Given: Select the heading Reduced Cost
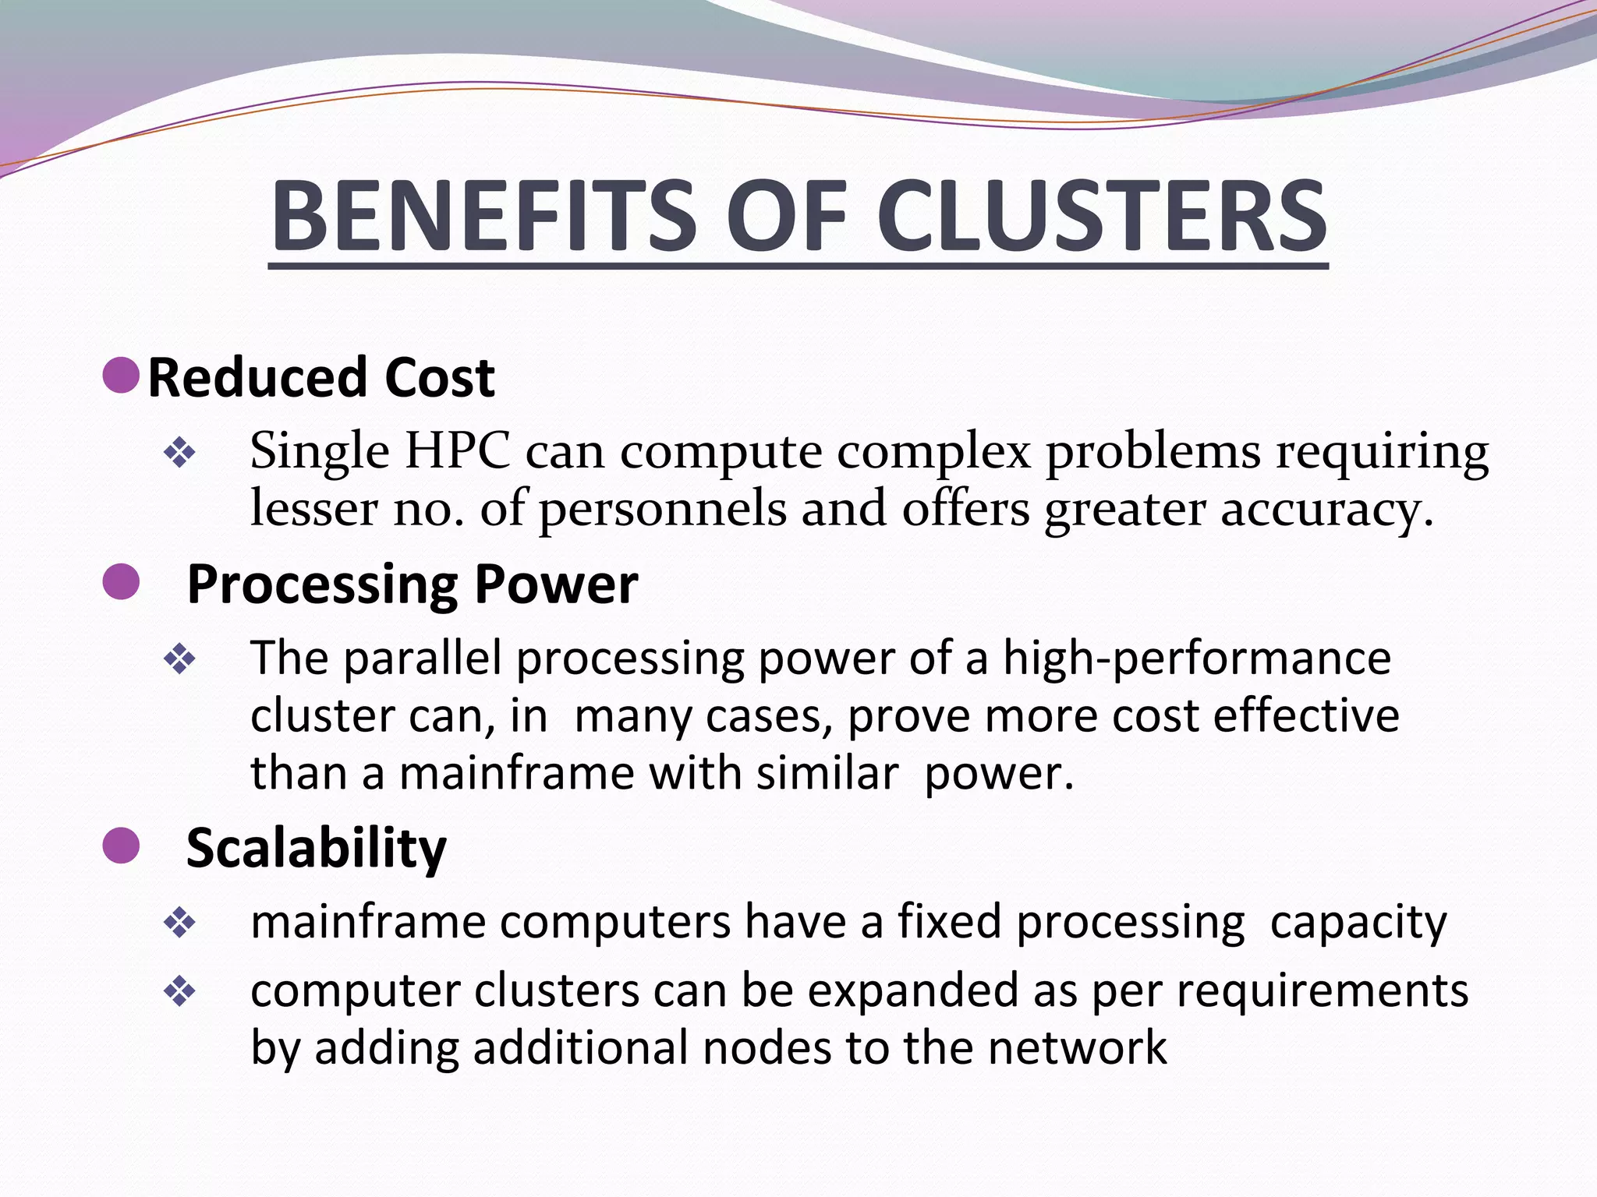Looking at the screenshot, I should [x=320, y=378].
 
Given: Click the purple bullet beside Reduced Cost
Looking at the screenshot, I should [x=121, y=375].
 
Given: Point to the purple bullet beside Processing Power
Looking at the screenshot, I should [x=121, y=582].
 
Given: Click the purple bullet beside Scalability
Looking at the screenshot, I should [x=121, y=846].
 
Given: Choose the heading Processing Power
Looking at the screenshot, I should [x=413, y=584].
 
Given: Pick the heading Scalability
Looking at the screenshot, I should [x=317, y=848].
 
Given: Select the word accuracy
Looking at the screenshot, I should [x=1326, y=509].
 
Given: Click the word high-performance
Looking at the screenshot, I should [x=1196, y=659].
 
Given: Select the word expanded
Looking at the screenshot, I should [x=912, y=991].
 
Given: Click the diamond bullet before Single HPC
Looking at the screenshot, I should [x=179, y=453].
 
